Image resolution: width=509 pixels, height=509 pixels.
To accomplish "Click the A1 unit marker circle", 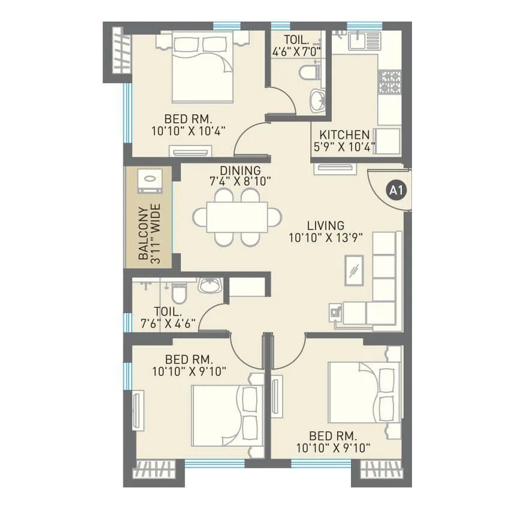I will pos(394,191).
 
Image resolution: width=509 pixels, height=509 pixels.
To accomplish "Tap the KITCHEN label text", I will pos(344,135).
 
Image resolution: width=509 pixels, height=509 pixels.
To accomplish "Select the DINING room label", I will pos(240,171).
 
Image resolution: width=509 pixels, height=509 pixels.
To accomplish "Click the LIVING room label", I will pos(325,226).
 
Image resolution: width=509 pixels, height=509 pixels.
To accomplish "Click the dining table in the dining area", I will pos(237,216).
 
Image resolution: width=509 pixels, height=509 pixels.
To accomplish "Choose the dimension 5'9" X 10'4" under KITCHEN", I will pos(344,146).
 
